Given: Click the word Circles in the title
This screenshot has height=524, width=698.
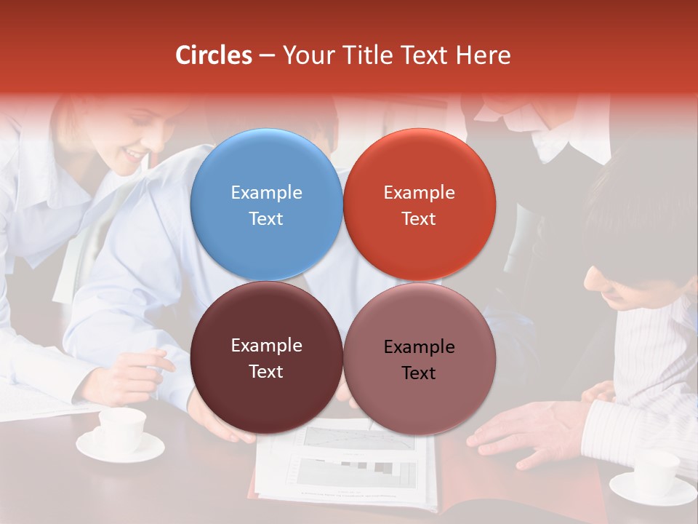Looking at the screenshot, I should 213,55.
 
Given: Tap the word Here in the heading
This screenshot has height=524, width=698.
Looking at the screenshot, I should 483,55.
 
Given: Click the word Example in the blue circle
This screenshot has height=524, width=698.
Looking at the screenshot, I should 266,192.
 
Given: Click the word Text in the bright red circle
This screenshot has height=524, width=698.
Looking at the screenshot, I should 419,218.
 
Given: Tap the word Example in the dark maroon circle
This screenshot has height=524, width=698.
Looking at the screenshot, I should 266,345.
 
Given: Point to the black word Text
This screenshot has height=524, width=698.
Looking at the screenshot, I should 419,373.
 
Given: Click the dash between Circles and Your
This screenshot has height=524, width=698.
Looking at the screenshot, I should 267,55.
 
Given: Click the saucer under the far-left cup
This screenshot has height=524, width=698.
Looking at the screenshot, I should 121,450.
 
